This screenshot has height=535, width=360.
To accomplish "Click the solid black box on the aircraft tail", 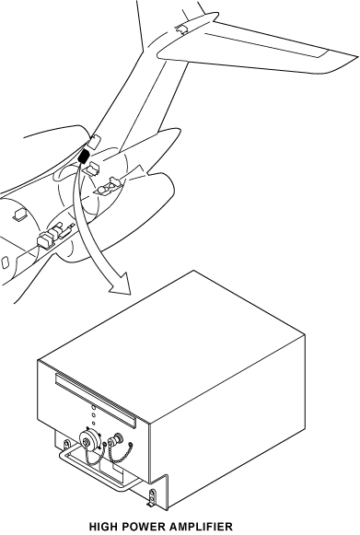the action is (x=84, y=156).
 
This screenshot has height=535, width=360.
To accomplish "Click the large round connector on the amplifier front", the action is (x=89, y=440).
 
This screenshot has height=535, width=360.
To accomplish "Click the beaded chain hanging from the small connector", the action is (x=122, y=454).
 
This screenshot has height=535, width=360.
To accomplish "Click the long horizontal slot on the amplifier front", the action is (x=96, y=400).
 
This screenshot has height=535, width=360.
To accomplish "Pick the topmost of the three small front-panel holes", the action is (x=94, y=407).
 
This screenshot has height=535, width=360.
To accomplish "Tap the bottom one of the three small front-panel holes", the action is (x=94, y=423).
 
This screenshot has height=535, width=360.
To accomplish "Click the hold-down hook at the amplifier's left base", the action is (x=67, y=444).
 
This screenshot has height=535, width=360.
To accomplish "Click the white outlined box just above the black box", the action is (x=94, y=141).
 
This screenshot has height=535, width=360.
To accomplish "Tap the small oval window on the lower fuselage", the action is (x=5, y=262).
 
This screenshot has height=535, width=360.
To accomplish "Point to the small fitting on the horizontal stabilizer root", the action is (x=181, y=29).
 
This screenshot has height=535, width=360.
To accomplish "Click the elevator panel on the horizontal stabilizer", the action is (x=266, y=43).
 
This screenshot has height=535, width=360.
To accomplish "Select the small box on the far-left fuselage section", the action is (x=19, y=215).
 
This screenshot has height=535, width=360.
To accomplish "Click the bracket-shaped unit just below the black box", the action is (x=91, y=168).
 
